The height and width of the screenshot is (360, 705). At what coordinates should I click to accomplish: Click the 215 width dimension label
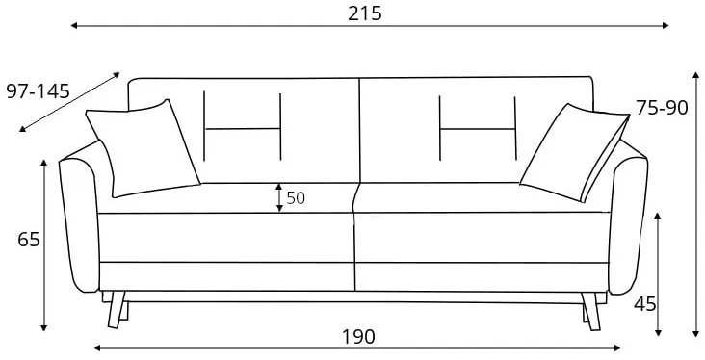365,13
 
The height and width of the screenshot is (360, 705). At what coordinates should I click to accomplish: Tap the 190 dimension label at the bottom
358,337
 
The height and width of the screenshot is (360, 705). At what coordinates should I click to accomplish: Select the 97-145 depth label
39,91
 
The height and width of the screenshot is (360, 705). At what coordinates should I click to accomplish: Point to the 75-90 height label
662,108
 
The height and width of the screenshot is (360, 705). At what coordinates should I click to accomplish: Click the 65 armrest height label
29,240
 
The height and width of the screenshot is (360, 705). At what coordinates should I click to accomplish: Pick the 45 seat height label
645,304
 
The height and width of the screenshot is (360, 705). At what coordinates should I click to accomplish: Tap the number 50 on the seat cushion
296,197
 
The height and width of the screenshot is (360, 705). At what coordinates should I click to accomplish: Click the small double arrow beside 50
279,197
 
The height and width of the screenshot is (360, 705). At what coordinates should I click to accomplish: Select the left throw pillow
143,149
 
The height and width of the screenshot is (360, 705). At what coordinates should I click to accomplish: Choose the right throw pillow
575,153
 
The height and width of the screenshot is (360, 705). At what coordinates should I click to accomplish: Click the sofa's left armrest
80,220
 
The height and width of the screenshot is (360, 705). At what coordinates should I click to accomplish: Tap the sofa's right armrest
628,220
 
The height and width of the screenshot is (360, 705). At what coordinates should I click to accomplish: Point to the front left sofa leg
117,309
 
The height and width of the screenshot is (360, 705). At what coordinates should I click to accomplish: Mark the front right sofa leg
590,311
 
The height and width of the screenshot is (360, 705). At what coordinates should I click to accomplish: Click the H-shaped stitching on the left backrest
243,126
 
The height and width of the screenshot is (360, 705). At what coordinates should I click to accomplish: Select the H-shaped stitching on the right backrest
478,128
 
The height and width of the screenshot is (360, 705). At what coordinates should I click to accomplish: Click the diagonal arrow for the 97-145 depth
69,102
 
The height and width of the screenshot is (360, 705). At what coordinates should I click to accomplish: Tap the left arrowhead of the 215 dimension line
74,26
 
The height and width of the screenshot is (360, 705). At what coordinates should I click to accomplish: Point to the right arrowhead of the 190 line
617,347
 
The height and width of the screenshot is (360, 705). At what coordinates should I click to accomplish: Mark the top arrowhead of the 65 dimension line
43,163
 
